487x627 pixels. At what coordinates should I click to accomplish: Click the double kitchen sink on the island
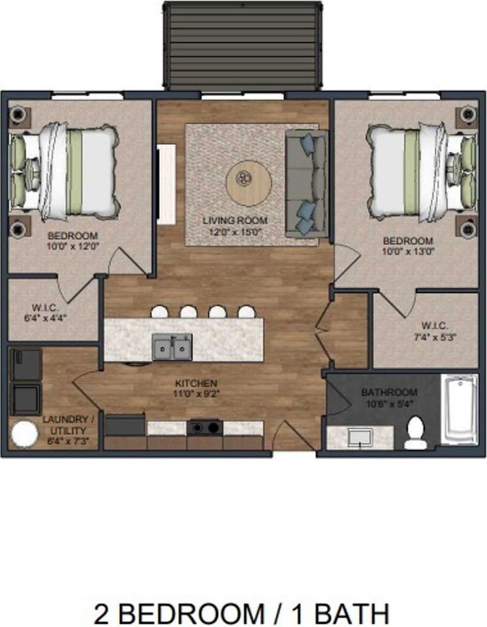click(172, 346)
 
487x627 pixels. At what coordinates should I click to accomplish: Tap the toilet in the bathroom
click(415, 434)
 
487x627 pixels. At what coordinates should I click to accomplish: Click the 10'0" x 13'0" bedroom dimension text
click(407, 250)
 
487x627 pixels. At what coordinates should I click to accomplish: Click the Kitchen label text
click(196, 383)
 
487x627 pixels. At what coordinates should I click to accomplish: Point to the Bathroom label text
click(389, 393)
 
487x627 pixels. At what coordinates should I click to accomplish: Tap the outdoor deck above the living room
click(243, 46)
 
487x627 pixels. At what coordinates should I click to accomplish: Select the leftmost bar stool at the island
click(159, 312)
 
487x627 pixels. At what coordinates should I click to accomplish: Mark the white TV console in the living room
click(166, 185)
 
